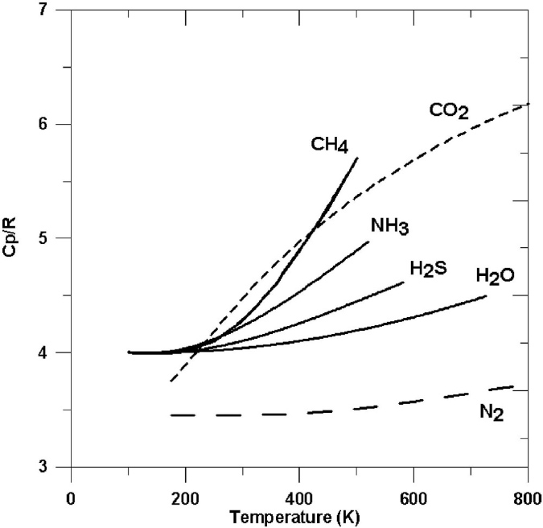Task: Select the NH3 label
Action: pos(389,227)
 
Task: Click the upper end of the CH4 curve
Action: pos(357,158)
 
